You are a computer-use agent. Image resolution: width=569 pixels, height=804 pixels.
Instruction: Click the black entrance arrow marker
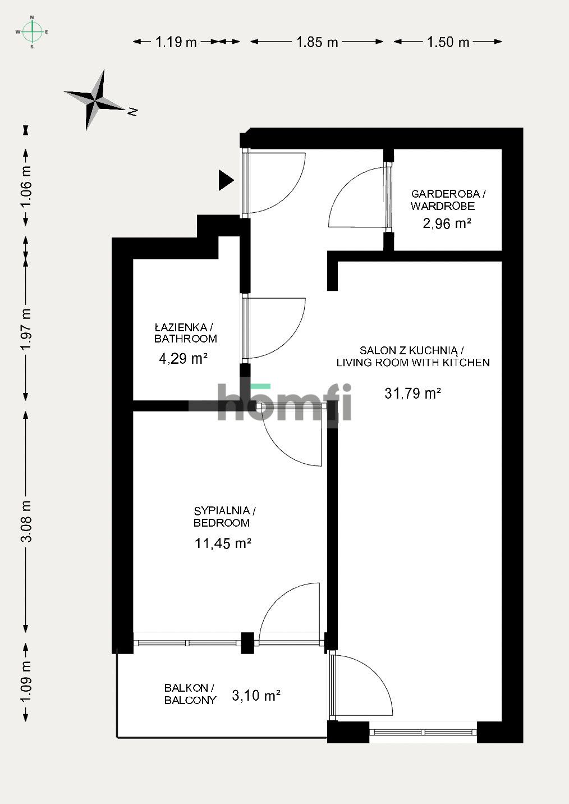pyautogui.click(x=225, y=180)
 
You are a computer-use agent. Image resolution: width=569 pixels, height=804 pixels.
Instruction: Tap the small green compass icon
pyautogui.click(x=32, y=32)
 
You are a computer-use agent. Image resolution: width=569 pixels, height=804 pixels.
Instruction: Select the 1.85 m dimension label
pyautogui.click(x=317, y=42)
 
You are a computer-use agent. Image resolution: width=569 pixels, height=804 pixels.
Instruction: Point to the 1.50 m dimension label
pyautogui.click(x=448, y=42)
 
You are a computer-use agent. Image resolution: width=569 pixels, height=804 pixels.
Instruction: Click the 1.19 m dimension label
pyautogui.click(x=176, y=42)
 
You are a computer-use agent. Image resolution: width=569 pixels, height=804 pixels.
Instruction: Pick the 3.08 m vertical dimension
pyautogui.click(x=26, y=522)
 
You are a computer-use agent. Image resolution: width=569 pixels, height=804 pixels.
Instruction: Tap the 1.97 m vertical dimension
pyautogui.click(x=26, y=330)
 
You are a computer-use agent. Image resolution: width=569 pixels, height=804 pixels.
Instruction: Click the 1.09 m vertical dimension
pyautogui.click(x=26, y=682)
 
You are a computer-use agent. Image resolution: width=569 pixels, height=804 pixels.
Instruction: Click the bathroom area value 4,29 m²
pyautogui.click(x=183, y=358)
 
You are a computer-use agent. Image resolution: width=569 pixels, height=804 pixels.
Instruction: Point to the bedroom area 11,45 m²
pyautogui.click(x=222, y=543)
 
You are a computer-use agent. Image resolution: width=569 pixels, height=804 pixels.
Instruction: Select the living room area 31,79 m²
pyautogui.click(x=412, y=393)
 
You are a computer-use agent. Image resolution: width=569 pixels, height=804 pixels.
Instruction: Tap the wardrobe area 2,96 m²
pyautogui.click(x=447, y=223)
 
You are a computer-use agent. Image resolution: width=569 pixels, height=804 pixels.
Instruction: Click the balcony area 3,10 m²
pyautogui.click(x=256, y=696)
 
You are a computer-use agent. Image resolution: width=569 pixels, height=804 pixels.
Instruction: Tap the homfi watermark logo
pyautogui.click(x=284, y=402)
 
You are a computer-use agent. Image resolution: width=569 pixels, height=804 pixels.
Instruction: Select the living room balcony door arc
pyautogui.click(x=365, y=685)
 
